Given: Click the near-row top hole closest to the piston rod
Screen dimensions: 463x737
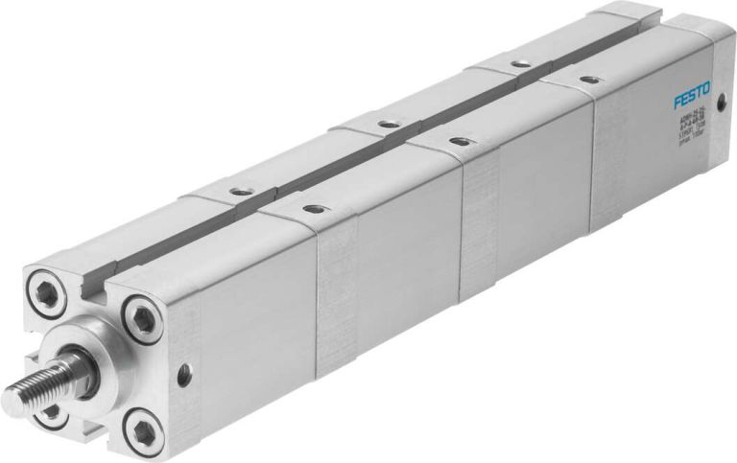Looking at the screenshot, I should pos(310,207).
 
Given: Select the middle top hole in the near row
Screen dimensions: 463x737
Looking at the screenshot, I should pos(461,141).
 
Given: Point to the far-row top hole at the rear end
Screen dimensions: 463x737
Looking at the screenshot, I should pos(518,64).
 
